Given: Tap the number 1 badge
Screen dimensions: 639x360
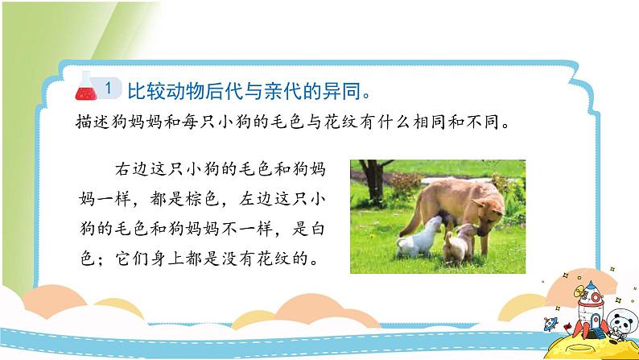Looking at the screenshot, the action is tap(109, 88).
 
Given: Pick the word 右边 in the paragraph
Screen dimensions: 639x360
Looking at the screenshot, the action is tap(131, 169).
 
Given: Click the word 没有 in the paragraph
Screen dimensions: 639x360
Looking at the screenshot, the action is tap(237, 259).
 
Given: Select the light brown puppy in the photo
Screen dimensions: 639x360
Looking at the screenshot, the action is tap(460, 244).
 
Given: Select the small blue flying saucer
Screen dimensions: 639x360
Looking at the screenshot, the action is tap(550, 323).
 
